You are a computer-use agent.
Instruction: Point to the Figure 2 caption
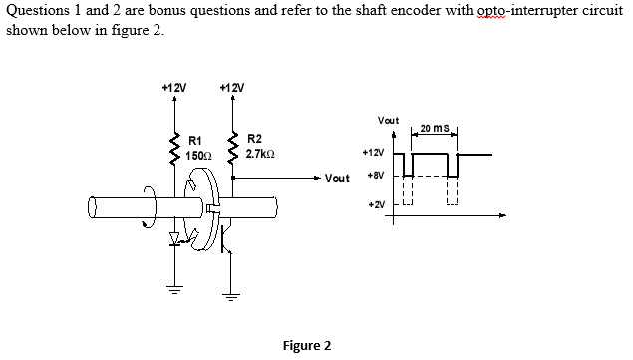307,346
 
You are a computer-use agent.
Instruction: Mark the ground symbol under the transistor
232,296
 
